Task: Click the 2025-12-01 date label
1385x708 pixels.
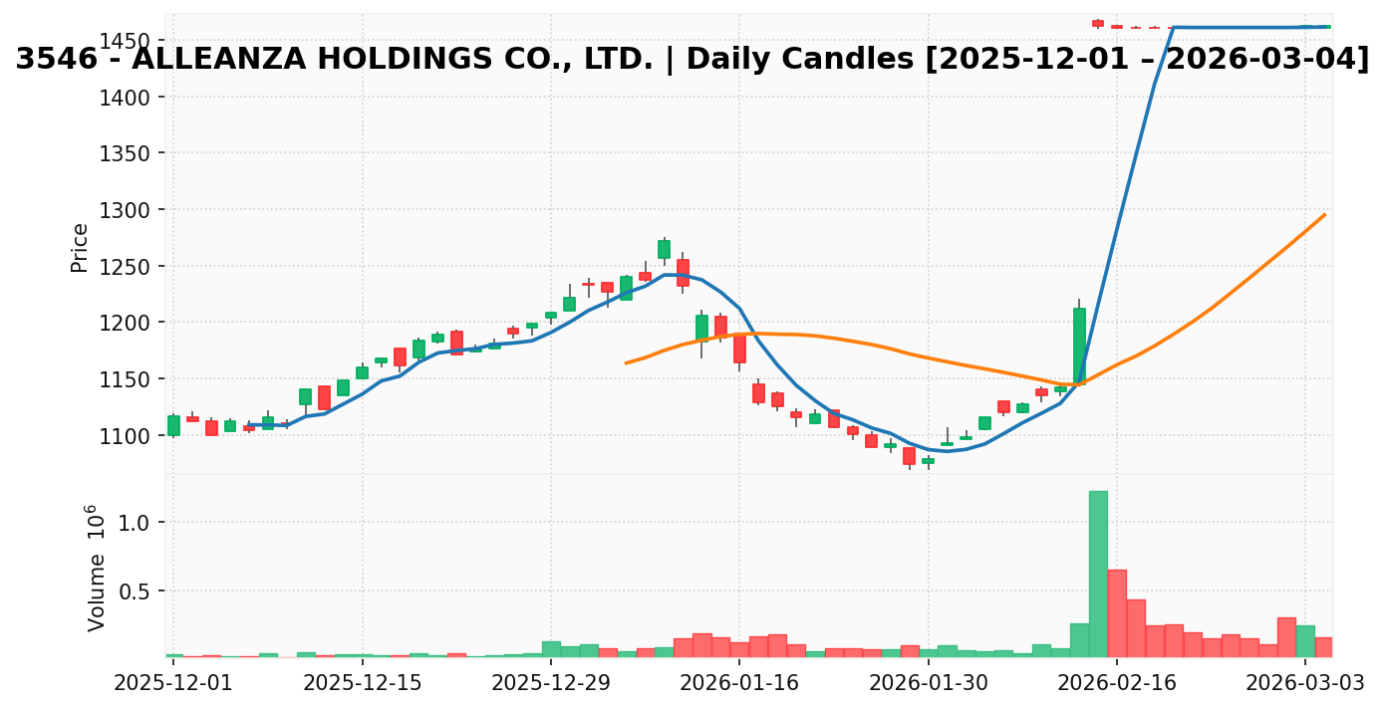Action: click(x=173, y=683)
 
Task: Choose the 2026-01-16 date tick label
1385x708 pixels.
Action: click(x=739, y=683)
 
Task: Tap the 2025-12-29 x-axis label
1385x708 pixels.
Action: click(x=551, y=683)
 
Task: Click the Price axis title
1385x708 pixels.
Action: click(x=80, y=248)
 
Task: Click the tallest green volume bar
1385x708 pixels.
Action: click(x=1098, y=574)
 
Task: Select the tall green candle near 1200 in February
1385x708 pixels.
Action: click(x=1079, y=345)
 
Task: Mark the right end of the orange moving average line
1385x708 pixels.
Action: click(x=1324, y=214)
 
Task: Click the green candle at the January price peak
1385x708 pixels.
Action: click(x=664, y=249)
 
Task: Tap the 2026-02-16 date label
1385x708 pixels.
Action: click(x=1117, y=683)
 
